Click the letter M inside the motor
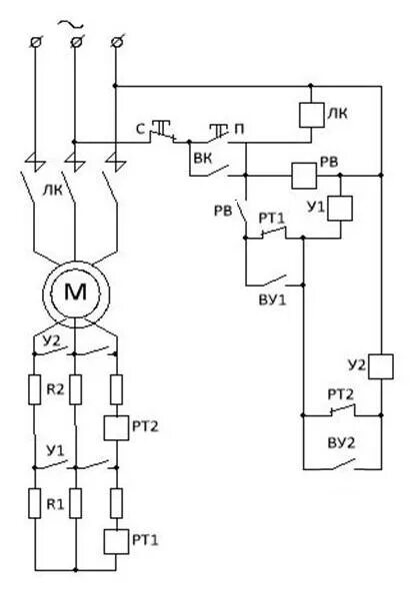76,292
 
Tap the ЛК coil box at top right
311,115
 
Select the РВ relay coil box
304,176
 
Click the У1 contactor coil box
340,208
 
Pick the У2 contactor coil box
381,366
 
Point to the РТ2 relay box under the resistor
116,427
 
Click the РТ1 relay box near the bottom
116,541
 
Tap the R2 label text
55,389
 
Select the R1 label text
55,504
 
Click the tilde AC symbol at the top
70,25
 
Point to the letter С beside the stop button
140,130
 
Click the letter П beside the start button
239,129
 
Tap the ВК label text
203,158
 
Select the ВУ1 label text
273,299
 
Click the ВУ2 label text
341,443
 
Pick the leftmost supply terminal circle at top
35,42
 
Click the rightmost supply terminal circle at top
117,42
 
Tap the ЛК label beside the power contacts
53,190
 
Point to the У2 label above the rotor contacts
51,340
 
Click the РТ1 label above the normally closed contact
271,219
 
